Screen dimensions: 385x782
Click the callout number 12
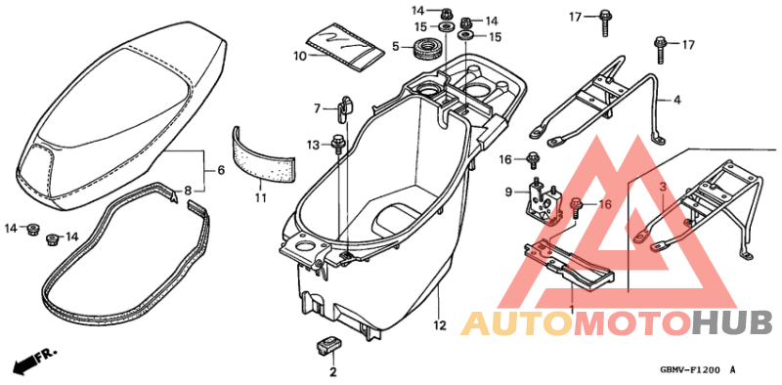pos(440,324)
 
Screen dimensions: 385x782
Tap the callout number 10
pos(300,56)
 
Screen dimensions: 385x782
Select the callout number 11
pos(261,198)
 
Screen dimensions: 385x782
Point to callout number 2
pos(332,372)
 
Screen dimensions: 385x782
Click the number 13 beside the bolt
pos(313,146)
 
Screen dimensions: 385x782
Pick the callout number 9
pos(509,192)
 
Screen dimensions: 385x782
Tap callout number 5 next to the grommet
pos(396,46)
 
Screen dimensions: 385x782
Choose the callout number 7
pos(318,107)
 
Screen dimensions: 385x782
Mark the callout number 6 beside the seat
pos(220,171)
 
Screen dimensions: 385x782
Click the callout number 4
pos(675,101)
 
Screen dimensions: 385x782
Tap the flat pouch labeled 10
pos(346,47)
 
